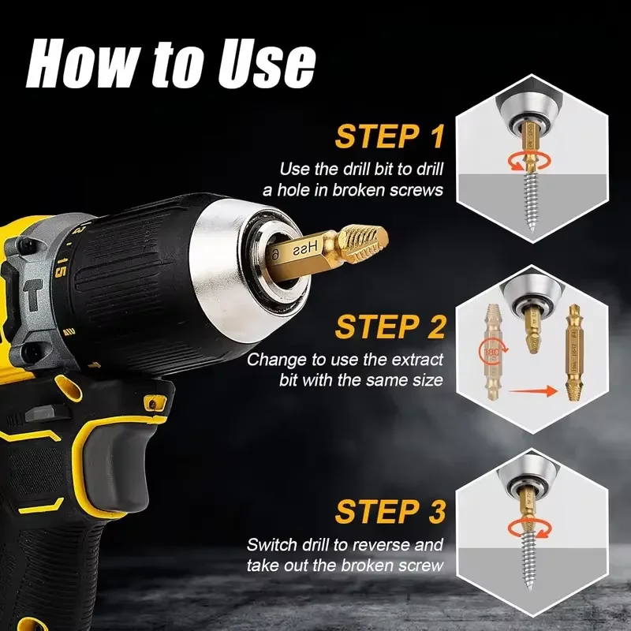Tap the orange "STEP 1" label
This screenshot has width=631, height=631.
pyautogui.click(x=390, y=136)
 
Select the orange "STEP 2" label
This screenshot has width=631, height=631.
pyautogui.click(x=390, y=327)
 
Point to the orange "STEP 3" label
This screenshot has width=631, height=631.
pyautogui.click(x=390, y=510)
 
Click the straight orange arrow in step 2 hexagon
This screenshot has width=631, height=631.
pyautogui.click(x=528, y=388)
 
